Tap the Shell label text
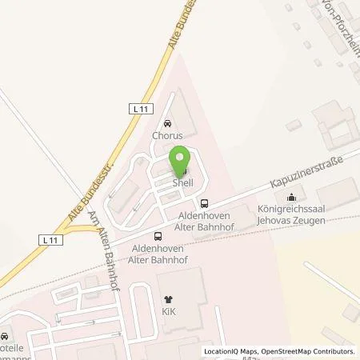[182, 182]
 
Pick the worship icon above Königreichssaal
[292, 198]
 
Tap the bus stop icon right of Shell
[205, 203]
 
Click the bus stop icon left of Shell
[158, 236]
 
